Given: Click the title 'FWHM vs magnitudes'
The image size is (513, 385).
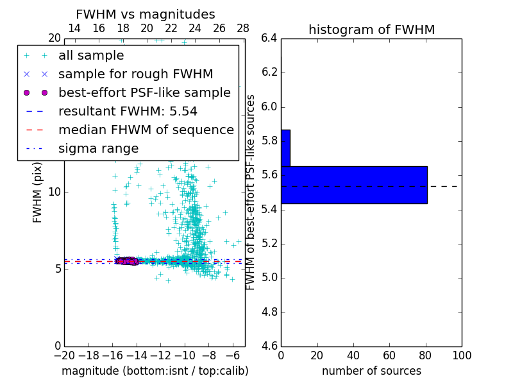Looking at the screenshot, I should tap(146, 14).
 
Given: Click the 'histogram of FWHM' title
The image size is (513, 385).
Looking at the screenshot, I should tap(371, 30).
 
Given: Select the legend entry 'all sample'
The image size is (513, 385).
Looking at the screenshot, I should tap(91, 56).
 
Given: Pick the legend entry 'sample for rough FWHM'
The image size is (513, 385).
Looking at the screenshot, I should tap(135, 74).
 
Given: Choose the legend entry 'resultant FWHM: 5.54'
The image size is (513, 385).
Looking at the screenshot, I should tap(137, 112).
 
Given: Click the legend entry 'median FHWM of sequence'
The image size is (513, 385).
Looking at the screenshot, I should tap(146, 130).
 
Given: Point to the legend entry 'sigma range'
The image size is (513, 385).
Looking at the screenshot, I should tap(98, 149).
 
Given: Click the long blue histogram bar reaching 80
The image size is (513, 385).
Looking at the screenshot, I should tap(354, 185).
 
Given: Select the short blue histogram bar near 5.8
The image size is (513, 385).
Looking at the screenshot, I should tap(285, 148).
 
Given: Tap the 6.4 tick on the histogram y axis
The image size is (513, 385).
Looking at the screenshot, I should tap(269, 38).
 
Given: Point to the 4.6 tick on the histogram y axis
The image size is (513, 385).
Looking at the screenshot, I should tap(269, 346).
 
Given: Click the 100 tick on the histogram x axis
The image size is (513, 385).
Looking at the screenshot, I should tap(462, 355).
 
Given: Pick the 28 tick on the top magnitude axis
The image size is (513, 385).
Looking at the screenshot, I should tap(243, 28).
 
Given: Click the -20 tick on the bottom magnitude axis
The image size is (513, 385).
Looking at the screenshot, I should tap(64, 355).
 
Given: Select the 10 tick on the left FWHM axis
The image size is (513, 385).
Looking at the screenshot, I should tap(54, 192).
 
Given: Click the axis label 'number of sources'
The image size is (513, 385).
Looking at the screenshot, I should tap(371, 371).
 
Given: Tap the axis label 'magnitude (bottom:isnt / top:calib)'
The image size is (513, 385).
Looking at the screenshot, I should tap(155, 371).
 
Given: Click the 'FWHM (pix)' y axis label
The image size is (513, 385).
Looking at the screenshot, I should tap(38, 193).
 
